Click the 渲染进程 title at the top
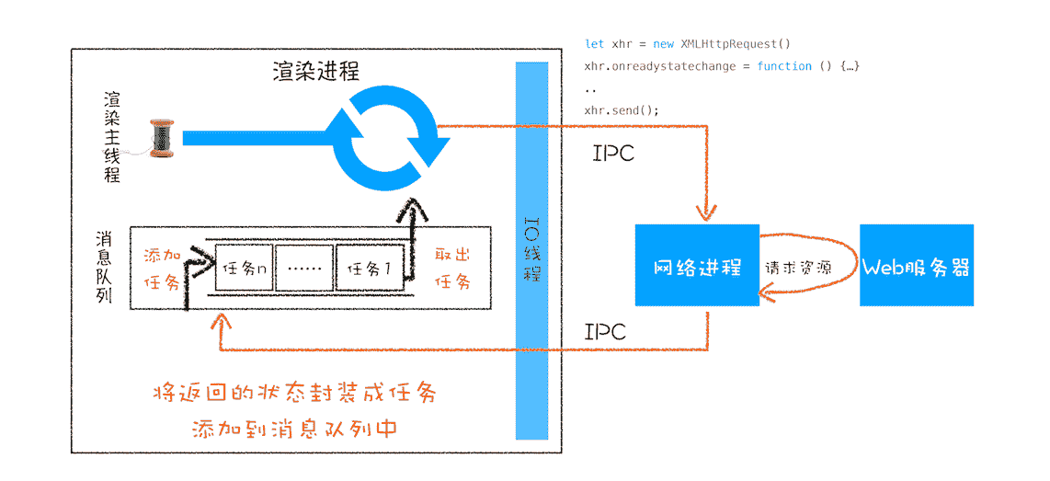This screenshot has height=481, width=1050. click(x=316, y=71)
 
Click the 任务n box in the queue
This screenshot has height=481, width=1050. click(x=244, y=269)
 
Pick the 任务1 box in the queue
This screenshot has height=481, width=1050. click(x=369, y=269)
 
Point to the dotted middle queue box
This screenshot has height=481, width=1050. click(x=304, y=269)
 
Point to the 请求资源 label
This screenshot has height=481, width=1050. click(x=798, y=269)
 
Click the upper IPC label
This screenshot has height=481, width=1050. click(x=613, y=153)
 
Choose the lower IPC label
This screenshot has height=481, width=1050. click(x=605, y=331)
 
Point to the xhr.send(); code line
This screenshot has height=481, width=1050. click(x=622, y=110)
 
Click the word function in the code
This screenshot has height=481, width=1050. click(x=784, y=66)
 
